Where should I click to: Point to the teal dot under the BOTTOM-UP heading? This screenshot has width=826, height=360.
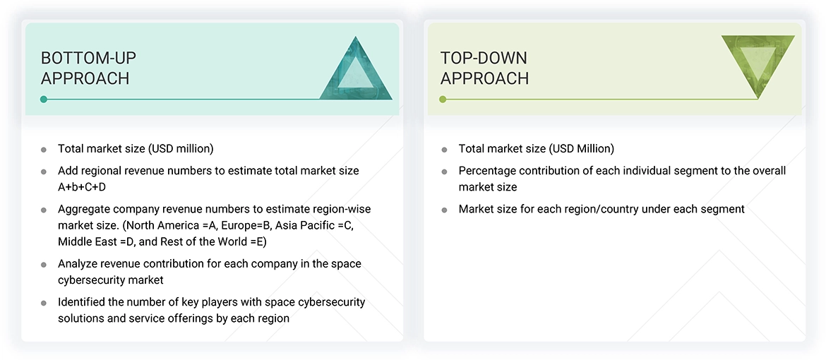coord(44,100)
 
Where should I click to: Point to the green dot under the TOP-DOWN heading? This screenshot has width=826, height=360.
coord(443,100)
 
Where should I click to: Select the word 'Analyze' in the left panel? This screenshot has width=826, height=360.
coord(78,264)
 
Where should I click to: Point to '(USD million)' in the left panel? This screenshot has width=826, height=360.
coord(180,149)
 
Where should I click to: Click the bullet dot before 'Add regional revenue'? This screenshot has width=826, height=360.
coord(44,172)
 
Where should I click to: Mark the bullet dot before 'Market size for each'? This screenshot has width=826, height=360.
coord(444,210)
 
